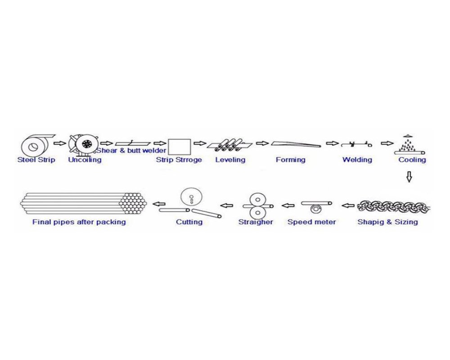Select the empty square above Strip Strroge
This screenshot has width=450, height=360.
178,146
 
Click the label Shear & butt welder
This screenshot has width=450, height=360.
132,150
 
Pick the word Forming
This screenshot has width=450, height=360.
290,160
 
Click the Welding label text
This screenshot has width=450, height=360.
357,160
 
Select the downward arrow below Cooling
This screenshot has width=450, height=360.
409,177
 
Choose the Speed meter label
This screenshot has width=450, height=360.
311,222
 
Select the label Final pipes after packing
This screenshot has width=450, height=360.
79,222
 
